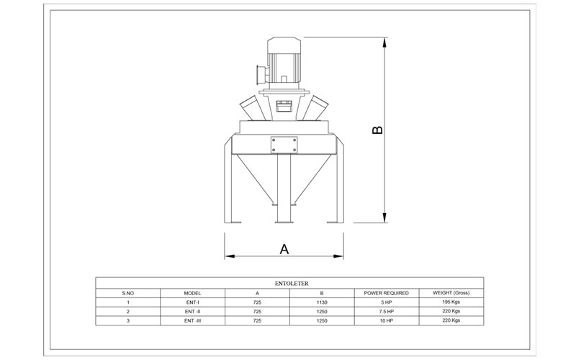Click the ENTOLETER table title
(x=292, y=284)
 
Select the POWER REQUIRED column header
(x=386, y=293)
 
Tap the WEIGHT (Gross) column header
(x=451, y=293)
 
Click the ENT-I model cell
(x=192, y=302)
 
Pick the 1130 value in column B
(x=322, y=302)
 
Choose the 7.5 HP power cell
(x=387, y=312)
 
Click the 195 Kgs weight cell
(x=451, y=302)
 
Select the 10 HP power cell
(x=387, y=320)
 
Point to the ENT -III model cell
(x=192, y=320)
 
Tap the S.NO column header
(x=128, y=293)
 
